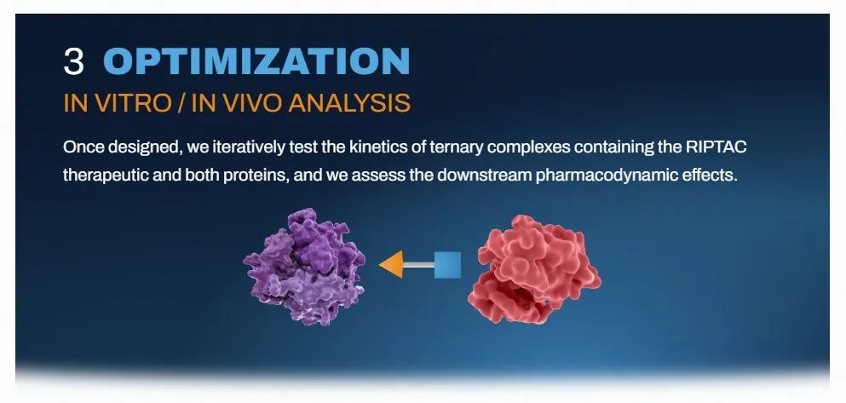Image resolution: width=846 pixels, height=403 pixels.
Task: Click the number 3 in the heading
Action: pyautogui.click(x=74, y=61)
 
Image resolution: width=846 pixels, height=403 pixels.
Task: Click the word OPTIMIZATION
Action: pyautogui.click(x=256, y=61)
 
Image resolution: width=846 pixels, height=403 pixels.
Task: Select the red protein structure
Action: pyautogui.click(x=531, y=269)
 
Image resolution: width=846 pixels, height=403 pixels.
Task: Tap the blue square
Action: pyautogui.click(x=446, y=265)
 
